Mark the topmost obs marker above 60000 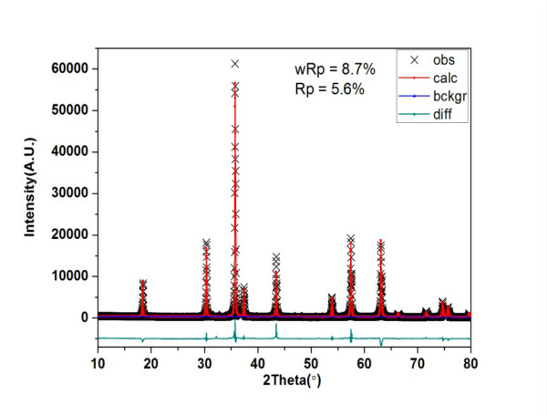click(234, 64)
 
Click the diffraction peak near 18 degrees click(142, 284)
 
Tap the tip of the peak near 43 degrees click(276, 258)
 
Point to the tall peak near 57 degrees click(350, 239)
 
